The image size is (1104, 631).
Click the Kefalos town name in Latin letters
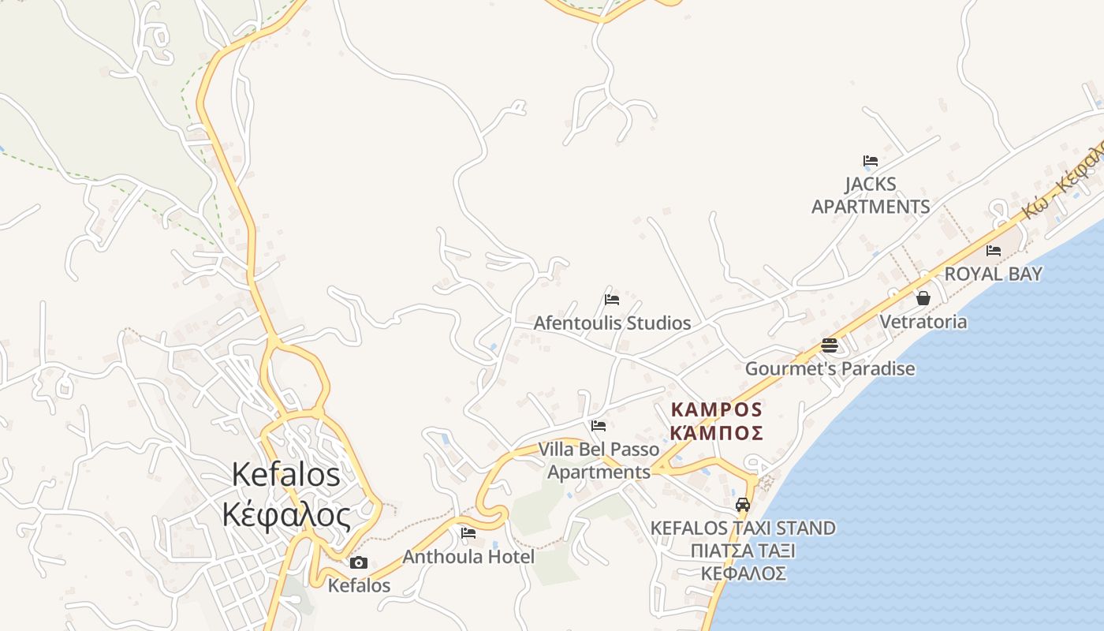click(x=286, y=474)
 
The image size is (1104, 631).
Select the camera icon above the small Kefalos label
click(x=359, y=562)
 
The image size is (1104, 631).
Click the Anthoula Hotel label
click(x=468, y=557)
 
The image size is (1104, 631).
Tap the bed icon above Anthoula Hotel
click(x=468, y=533)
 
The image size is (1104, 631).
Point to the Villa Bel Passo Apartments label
click(x=599, y=461)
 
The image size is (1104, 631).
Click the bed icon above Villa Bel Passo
click(x=599, y=426)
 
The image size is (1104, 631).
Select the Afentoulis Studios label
click(x=612, y=323)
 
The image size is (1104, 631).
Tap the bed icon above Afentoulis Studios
click(x=611, y=300)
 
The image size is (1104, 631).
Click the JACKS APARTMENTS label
click(x=871, y=196)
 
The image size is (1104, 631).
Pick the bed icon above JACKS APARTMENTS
click(x=871, y=161)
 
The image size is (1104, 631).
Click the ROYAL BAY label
click(x=994, y=274)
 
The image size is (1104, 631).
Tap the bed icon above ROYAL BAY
click(x=994, y=251)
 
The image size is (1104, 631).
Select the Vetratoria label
click(x=923, y=322)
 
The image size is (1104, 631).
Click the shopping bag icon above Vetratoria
click(x=923, y=298)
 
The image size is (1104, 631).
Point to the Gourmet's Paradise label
click(x=830, y=368)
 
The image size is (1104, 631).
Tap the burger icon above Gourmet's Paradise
click(x=829, y=345)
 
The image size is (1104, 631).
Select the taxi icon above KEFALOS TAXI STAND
click(x=742, y=504)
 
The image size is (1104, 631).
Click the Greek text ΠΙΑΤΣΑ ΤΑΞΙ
click(x=742, y=551)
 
